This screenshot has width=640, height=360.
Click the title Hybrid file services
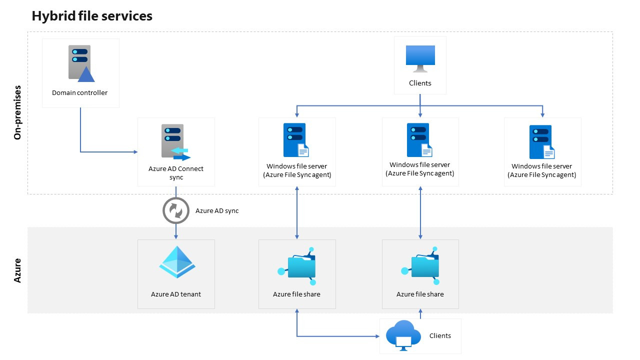coord(92,16)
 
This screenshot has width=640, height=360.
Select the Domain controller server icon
coord(80,63)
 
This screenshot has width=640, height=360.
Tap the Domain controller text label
coord(79,92)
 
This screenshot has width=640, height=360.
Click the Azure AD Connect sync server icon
coord(175,142)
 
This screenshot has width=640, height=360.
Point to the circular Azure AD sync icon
coord(176,211)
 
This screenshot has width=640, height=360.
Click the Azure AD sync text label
coord(217,211)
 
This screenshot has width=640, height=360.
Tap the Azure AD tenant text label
coord(176,294)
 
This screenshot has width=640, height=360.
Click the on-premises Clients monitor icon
coord(419,59)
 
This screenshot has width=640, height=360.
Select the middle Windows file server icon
coord(419,140)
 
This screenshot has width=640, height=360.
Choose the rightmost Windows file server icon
coord(541,142)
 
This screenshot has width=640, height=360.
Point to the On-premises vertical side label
coord(18,112)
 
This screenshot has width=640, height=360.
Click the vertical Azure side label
coord(18,270)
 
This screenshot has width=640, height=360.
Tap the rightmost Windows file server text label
coord(541,170)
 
